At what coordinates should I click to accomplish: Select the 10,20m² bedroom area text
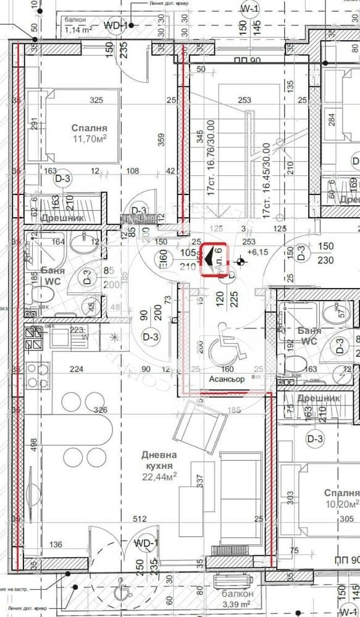click(x=342, y=505)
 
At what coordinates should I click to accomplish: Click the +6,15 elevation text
click(x=259, y=252)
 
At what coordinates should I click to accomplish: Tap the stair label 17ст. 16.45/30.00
click(x=266, y=180)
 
